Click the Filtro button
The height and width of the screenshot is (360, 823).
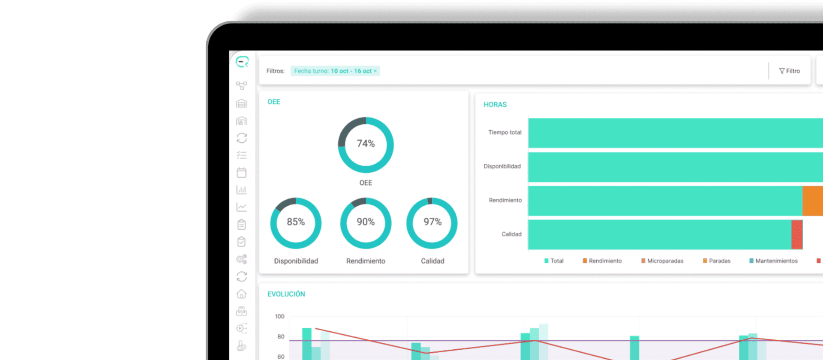(789, 71)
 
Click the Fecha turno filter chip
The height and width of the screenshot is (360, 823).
(335, 71)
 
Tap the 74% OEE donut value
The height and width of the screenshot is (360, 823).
(366, 144)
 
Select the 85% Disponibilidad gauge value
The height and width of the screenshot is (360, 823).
(296, 222)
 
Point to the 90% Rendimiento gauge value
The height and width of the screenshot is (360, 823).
(366, 222)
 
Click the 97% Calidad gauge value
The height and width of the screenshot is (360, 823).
(433, 222)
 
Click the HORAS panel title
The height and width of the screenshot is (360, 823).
(495, 105)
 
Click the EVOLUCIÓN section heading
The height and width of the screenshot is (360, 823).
(286, 294)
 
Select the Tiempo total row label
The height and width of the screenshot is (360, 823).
(505, 132)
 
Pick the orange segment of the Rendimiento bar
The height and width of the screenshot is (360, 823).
(813, 201)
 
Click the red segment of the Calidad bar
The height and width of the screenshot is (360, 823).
(797, 234)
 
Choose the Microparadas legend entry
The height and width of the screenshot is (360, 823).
(662, 261)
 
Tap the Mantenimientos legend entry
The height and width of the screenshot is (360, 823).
(773, 261)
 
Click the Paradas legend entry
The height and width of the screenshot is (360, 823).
(717, 261)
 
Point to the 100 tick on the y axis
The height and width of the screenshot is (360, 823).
(279, 316)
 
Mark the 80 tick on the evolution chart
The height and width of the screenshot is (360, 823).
(281, 336)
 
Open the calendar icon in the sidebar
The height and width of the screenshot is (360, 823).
(242, 173)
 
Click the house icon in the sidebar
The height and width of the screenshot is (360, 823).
(242, 294)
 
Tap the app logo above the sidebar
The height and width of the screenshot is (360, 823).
(242, 62)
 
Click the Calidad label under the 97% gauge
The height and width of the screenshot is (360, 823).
(433, 261)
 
